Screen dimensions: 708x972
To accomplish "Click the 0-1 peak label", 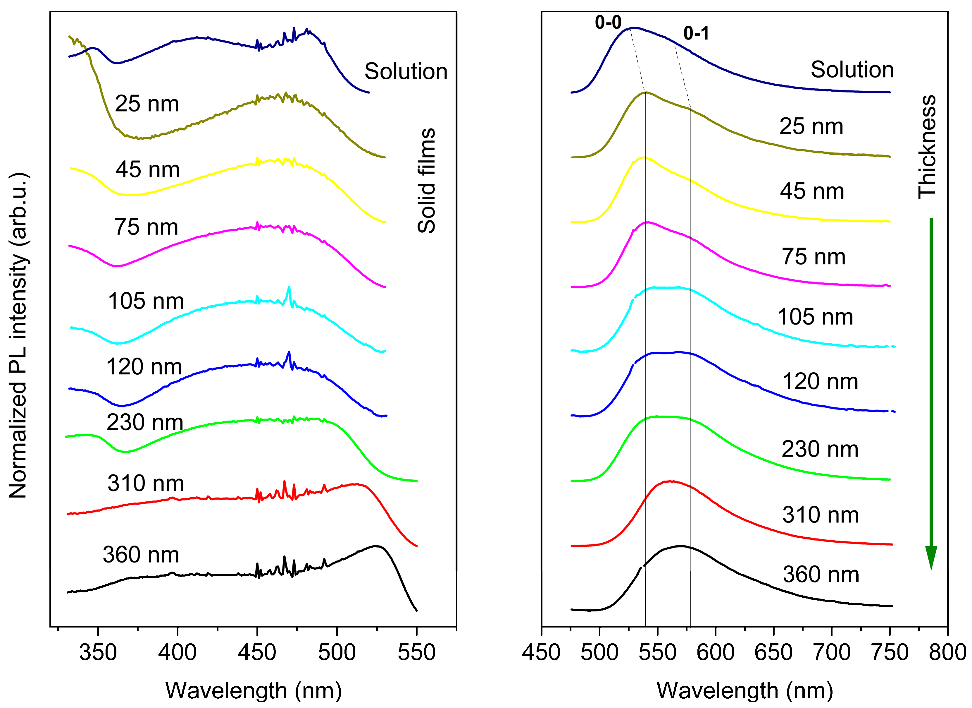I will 696,33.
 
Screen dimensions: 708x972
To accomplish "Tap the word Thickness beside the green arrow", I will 927,147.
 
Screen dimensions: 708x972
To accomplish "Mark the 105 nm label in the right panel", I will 815,317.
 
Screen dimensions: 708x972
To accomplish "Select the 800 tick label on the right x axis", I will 947,653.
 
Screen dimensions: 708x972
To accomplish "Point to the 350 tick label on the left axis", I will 98,653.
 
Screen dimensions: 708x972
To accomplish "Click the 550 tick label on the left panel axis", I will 416,653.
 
